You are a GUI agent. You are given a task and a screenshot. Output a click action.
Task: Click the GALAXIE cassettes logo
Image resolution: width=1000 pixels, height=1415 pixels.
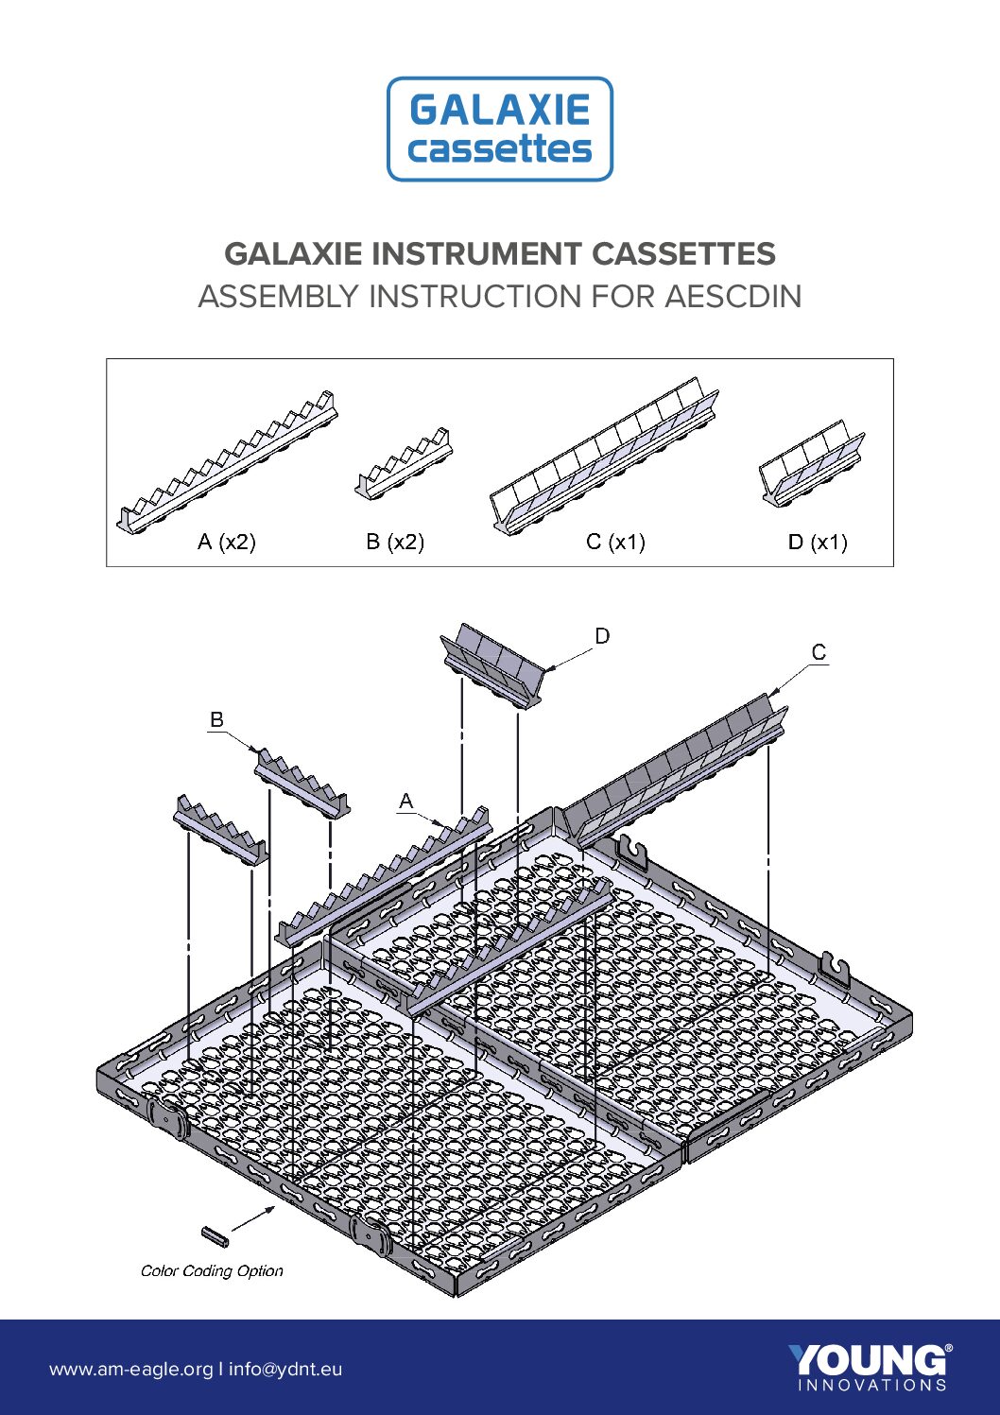[500, 129]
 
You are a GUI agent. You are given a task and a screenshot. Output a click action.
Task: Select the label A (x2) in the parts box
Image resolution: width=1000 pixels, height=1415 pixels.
[227, 542]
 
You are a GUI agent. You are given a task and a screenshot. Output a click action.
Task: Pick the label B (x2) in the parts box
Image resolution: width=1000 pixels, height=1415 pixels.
[395, 542]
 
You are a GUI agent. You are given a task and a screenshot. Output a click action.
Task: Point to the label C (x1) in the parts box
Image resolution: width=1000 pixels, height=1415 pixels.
[615, 542]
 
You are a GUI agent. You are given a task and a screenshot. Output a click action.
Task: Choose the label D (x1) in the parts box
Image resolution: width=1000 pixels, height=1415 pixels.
[818, 542]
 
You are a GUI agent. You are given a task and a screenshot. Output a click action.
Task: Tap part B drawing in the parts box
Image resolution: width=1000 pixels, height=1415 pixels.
[404, 463]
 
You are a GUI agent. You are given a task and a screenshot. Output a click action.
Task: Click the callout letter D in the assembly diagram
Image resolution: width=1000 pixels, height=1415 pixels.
[603, 636]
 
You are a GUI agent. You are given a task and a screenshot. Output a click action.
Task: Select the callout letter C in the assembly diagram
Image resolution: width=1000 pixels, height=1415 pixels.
[819, 652]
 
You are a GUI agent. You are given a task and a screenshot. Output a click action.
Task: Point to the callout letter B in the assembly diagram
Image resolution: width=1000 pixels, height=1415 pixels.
[216, 719]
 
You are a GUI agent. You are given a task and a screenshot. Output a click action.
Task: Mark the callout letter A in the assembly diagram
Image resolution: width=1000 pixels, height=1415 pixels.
[405, 802]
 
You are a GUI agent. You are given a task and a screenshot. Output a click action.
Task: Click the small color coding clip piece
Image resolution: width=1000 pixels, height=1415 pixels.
[216, 1236]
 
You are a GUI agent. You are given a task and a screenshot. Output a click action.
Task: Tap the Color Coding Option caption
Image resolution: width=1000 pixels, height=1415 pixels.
[212, 1270]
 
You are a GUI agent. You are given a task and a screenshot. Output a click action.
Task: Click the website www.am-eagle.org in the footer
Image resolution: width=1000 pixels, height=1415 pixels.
[131, 1369]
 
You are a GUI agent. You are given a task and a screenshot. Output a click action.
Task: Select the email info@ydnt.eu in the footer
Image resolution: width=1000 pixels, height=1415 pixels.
[285, 1369]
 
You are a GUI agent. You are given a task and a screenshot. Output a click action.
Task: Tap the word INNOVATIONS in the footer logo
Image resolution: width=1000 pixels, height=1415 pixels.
[872, 1386]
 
